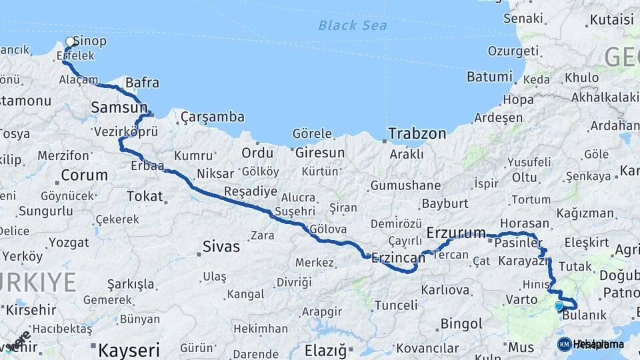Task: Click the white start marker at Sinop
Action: click(70, 41)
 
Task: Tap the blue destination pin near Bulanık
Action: click(559, 306)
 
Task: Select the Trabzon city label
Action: click(417, 133)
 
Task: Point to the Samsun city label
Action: click(119, 107)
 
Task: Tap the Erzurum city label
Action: click(456, 233)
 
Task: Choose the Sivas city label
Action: click(221, 247)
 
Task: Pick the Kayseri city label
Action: click(129, 349)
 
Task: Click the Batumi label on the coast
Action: click(489, 77)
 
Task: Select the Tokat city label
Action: click(145, 196)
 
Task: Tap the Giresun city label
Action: click(320, 153)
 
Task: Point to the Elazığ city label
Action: click(326, 349)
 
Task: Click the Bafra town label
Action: click(142, 83)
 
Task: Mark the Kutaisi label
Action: click(611, 19)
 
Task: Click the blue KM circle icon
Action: click(564, 344)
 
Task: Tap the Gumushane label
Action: click(405, 185)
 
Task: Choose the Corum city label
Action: click(84, 175)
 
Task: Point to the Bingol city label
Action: click(461, 324)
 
